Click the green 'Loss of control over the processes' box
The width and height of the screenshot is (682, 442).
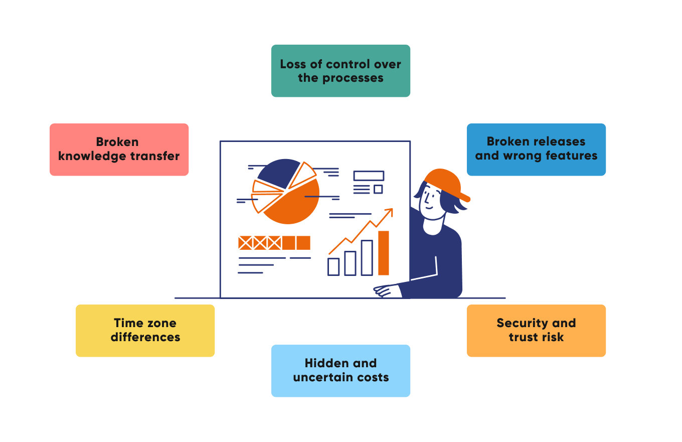[x=340, y=71]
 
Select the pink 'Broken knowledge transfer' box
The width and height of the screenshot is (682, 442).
[x=119, y=150]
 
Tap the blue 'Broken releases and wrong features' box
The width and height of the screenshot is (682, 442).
[x=536, y=150]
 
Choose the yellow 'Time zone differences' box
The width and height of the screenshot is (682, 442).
[x=145, y=331]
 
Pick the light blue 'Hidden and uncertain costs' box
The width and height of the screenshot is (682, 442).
[x=340, y=371]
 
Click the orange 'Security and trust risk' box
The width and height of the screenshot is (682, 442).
[x=536, y=331]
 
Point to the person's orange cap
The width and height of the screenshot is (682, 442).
[x=444, y=182]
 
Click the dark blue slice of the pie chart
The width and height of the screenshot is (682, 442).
[x=276, y=172]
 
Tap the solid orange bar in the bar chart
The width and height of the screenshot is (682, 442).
[x=384, y=253]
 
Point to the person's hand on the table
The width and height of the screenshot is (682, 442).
[x=386, y=290]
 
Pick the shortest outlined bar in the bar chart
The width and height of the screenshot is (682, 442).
[x=333, y=266]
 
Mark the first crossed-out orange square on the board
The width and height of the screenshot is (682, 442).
[x=245, y=243]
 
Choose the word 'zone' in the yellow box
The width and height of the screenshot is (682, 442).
[x=161, y=323]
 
